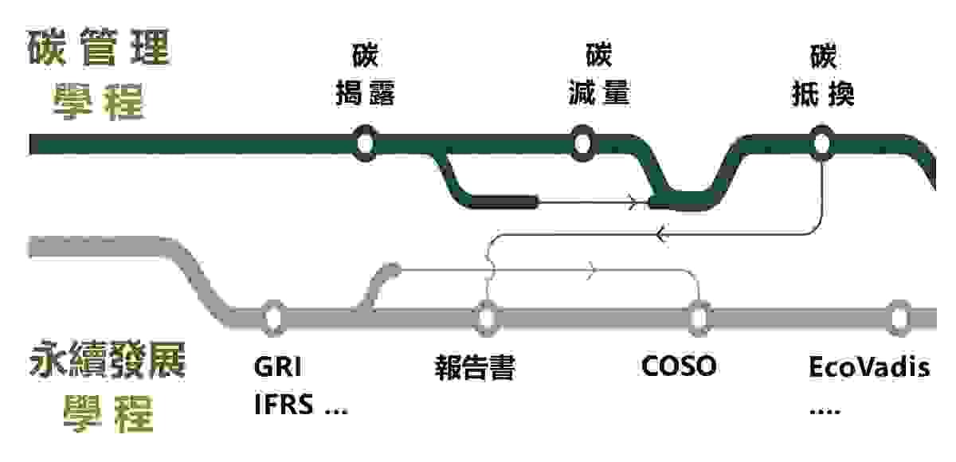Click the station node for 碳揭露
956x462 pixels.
point(365,143)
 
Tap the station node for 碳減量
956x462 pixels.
point(582,143)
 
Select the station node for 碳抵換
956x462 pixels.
point(821,143)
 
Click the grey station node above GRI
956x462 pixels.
point(273,317)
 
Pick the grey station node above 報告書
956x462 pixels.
point(487,317)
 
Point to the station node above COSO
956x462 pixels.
point(699,317)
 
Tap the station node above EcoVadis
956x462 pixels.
point(899,317)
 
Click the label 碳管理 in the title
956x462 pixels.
point(100,49)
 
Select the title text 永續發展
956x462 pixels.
point(108,361)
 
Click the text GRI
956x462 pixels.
point(278,367)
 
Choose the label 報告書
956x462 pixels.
point(475,368)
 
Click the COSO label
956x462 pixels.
point(679,366)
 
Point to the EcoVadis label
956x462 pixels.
point(869,367)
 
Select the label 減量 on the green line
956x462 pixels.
point(598,93)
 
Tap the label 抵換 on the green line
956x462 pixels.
point(822,93)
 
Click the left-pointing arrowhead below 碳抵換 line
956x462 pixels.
point(660,234)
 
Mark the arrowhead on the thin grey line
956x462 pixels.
point(592,271)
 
